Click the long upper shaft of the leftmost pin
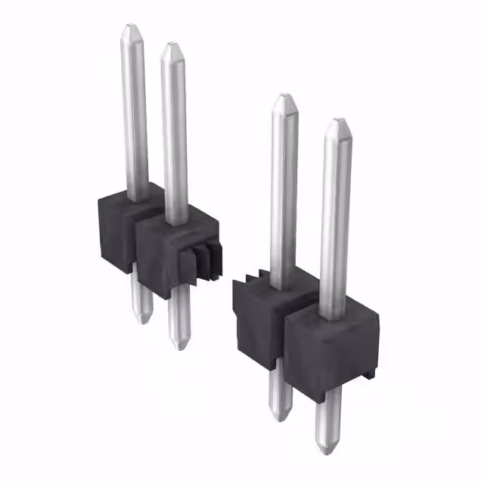click(134, 113)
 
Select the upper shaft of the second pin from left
click(175, 136)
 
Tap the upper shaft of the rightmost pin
click(335, 219)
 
